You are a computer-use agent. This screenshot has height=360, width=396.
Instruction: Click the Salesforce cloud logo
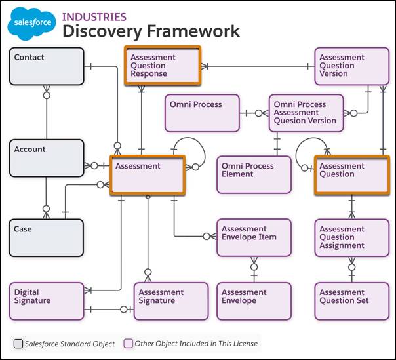pyautogui.click(x=31, y=24)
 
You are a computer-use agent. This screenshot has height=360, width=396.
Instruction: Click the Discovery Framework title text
pyautogui.click(x=151, y=31)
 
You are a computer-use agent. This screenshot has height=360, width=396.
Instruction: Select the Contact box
pyautogui.click(x=47, y=66)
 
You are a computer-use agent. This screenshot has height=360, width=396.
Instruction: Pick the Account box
pyautogui.click(x=47, y=157)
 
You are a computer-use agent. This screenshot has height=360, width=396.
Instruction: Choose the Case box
pyautogui.click(x=47, y=237)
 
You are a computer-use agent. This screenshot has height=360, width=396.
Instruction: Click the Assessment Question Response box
pyautogui.click(x=163, y=66)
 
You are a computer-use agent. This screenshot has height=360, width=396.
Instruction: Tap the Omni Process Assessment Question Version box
pyautogui.click(x=306, y=113)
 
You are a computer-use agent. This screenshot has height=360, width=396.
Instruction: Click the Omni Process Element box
pyautogui.click(x=254, y=174)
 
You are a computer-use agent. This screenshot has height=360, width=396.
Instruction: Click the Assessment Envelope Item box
pyautogui.click(x=254, y=237)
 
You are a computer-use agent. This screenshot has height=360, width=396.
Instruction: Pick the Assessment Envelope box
pyautogui.click(x=254, y=301)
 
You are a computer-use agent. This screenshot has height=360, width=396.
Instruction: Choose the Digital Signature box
pyautogui.click(x=47, y=301)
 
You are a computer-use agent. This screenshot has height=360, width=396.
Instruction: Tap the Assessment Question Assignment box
pyautogui.click(x=352, y=237)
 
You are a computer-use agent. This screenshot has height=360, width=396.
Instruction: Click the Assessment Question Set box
pyautogui.click(x=352, y=301)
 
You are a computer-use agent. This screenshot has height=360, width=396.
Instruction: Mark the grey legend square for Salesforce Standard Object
pyautogui.click(x=18, y=344)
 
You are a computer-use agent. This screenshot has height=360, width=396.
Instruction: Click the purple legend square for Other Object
pyautogui.click(x=129, y=344)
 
